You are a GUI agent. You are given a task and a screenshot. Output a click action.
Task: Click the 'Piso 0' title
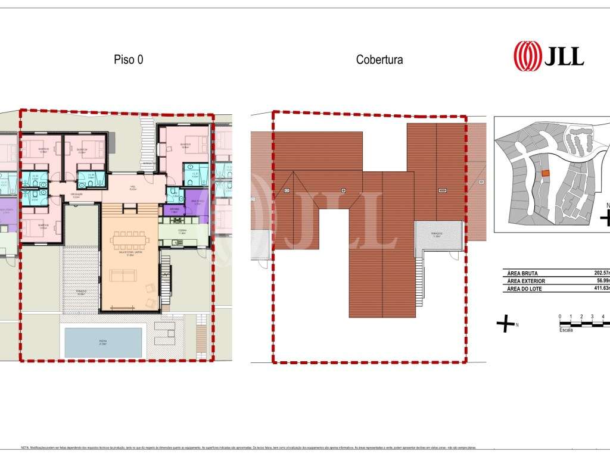click(x=128, y=60)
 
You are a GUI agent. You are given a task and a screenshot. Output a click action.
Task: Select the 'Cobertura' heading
click(x=379, y=60)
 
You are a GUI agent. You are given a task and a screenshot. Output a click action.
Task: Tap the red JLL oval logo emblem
click(x=527, y=56)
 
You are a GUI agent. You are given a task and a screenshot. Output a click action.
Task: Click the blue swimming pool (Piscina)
click(x=103, y=342)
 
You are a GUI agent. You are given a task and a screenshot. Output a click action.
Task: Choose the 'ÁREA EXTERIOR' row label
click(x=526, y=280)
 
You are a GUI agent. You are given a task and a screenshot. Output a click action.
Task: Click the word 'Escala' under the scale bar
click(x=566, y=330)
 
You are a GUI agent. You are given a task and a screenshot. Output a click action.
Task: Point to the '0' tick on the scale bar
click(x=560, y=317)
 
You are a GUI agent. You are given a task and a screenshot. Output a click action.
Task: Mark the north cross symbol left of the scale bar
click(x=505, y=324)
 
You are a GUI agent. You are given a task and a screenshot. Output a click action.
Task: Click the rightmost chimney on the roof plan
click(x=443, y=190)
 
